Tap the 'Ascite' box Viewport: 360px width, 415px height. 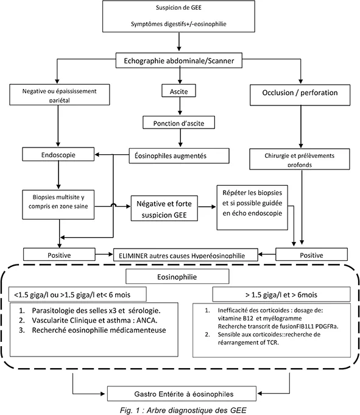click(178, 92)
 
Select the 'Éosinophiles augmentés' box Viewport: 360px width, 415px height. click(178, 156)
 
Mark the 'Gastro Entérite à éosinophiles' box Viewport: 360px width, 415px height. click(180, 392)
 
